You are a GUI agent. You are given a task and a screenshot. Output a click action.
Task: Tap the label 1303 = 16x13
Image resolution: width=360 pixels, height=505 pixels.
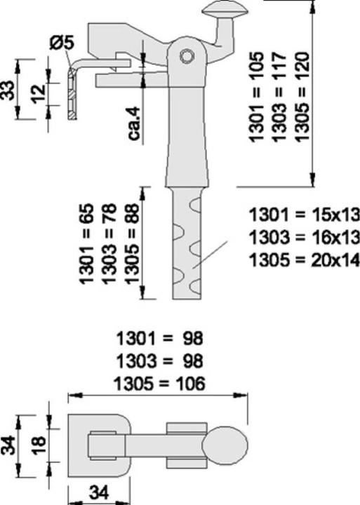coord(304,236)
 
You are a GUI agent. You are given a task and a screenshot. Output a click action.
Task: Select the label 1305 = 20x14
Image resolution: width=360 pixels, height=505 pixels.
coord(304,259)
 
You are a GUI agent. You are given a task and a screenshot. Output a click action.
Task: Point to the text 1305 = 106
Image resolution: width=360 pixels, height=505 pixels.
coord(159,384)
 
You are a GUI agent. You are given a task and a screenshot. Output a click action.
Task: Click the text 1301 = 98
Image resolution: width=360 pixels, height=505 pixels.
coord(159,339)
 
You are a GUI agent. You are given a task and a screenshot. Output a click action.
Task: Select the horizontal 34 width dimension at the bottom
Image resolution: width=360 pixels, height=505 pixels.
coord(98,494)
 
